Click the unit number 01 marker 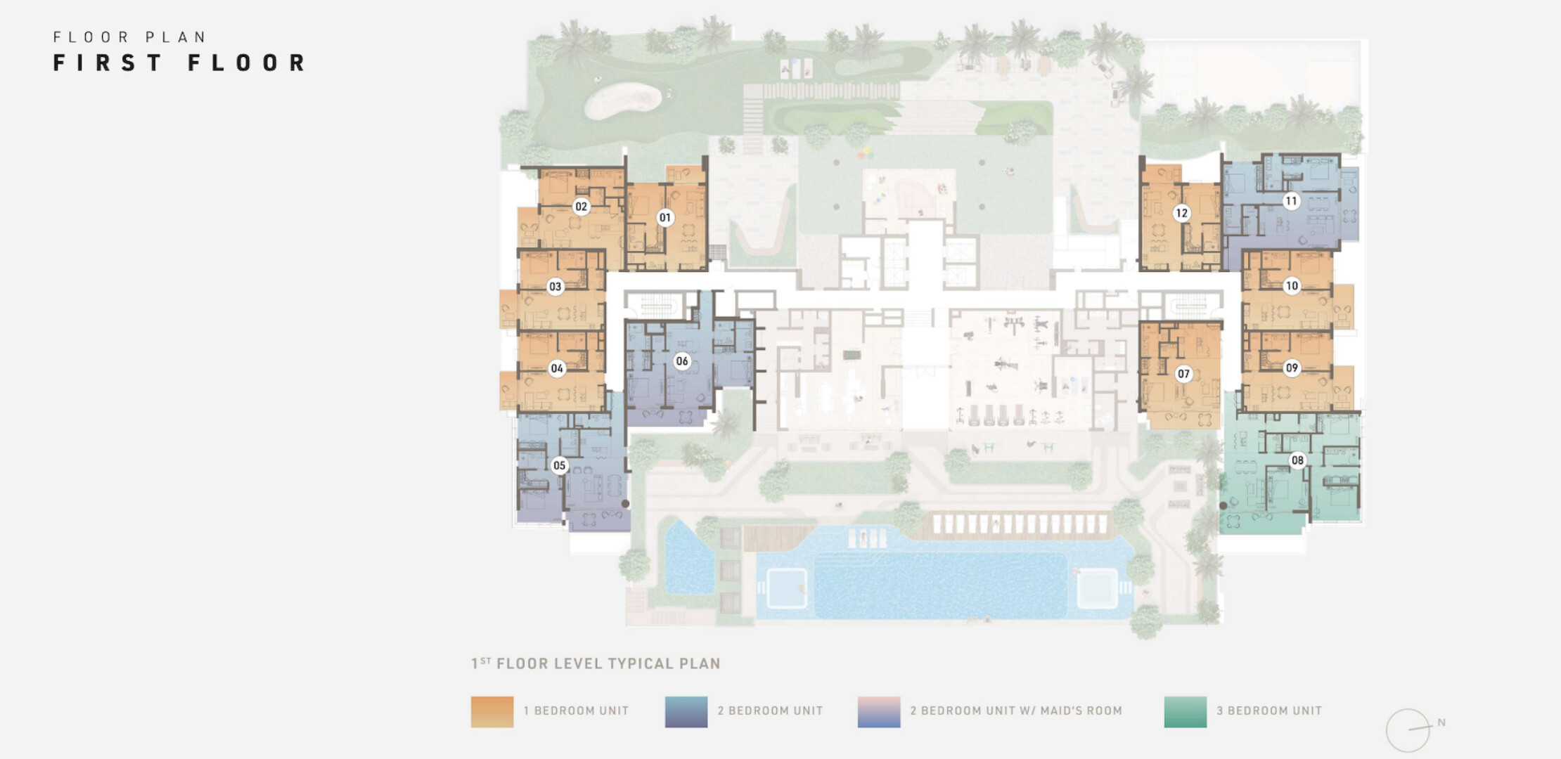pos(664,218)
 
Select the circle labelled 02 pos(581,207)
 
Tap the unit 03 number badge pos(555,287)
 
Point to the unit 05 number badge pos(559,465)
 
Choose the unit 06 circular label pos(682,361)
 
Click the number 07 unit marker pos(1183,374)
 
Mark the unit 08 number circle pos(1297,460)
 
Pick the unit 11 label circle pos(1291,201)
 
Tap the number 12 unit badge pos(1181,213)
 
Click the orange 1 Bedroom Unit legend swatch pos(492,711)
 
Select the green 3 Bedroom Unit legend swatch pos(1186,711)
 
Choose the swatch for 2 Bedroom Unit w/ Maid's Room pos(879,711)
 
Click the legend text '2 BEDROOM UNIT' pos(770,711)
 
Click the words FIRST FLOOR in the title pos(179,63)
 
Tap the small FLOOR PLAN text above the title pos(130,37)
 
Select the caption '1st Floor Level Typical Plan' pos(596,663)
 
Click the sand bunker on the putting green pos(622,100)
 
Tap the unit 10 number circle pos(1292,286)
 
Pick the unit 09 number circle pos(1292,368)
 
